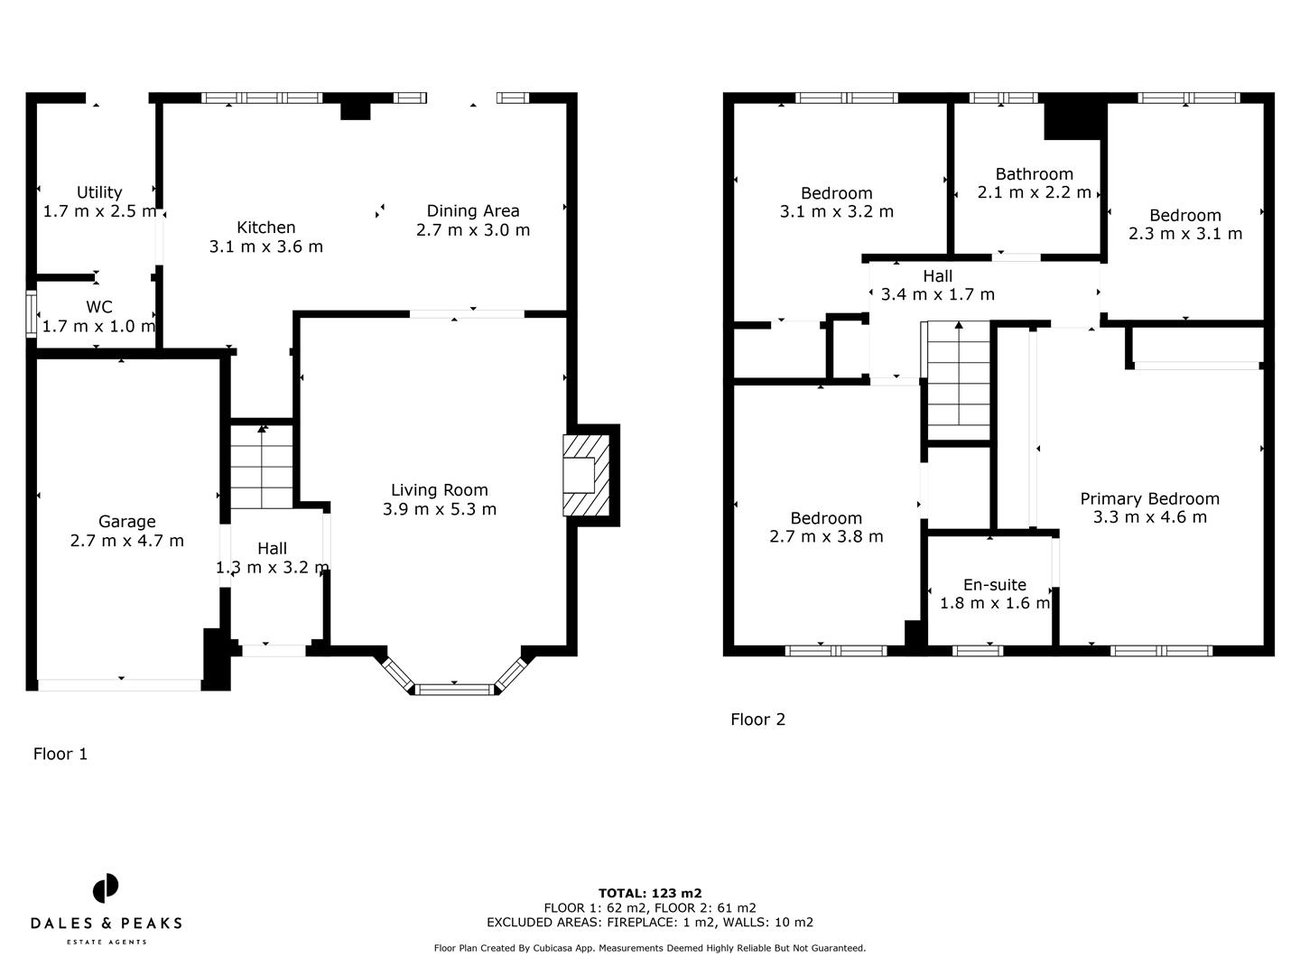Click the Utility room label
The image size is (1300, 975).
click(x=99, y=192)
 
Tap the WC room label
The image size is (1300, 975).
click(x=99, y=308)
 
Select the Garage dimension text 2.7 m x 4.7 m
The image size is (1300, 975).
click(x=126, y=541)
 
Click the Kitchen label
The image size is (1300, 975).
click(x=265, y=227)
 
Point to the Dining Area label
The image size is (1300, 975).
click(x=473, y=210)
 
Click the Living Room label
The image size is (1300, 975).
click(x=439, y=490)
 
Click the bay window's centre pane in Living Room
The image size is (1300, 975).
click(x=454, y=690)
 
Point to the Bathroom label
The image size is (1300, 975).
click(x=1034, y=174)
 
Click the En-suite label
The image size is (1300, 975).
click(x=995, y=585)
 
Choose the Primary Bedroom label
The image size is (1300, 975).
click(x=1149, y=499)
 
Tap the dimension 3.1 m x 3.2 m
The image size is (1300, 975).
click(x=836, y=212)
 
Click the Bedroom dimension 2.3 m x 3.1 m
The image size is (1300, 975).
click(x=1184, y=234)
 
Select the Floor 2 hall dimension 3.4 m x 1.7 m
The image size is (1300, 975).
click(x=937, y=294)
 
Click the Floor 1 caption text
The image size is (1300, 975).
click(x=60, y=754)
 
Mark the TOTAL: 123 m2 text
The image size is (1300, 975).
click(x=650, y=894)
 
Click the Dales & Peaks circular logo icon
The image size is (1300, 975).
click(x=106, y=888)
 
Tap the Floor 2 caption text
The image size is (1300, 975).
click(x=757, y=720)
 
